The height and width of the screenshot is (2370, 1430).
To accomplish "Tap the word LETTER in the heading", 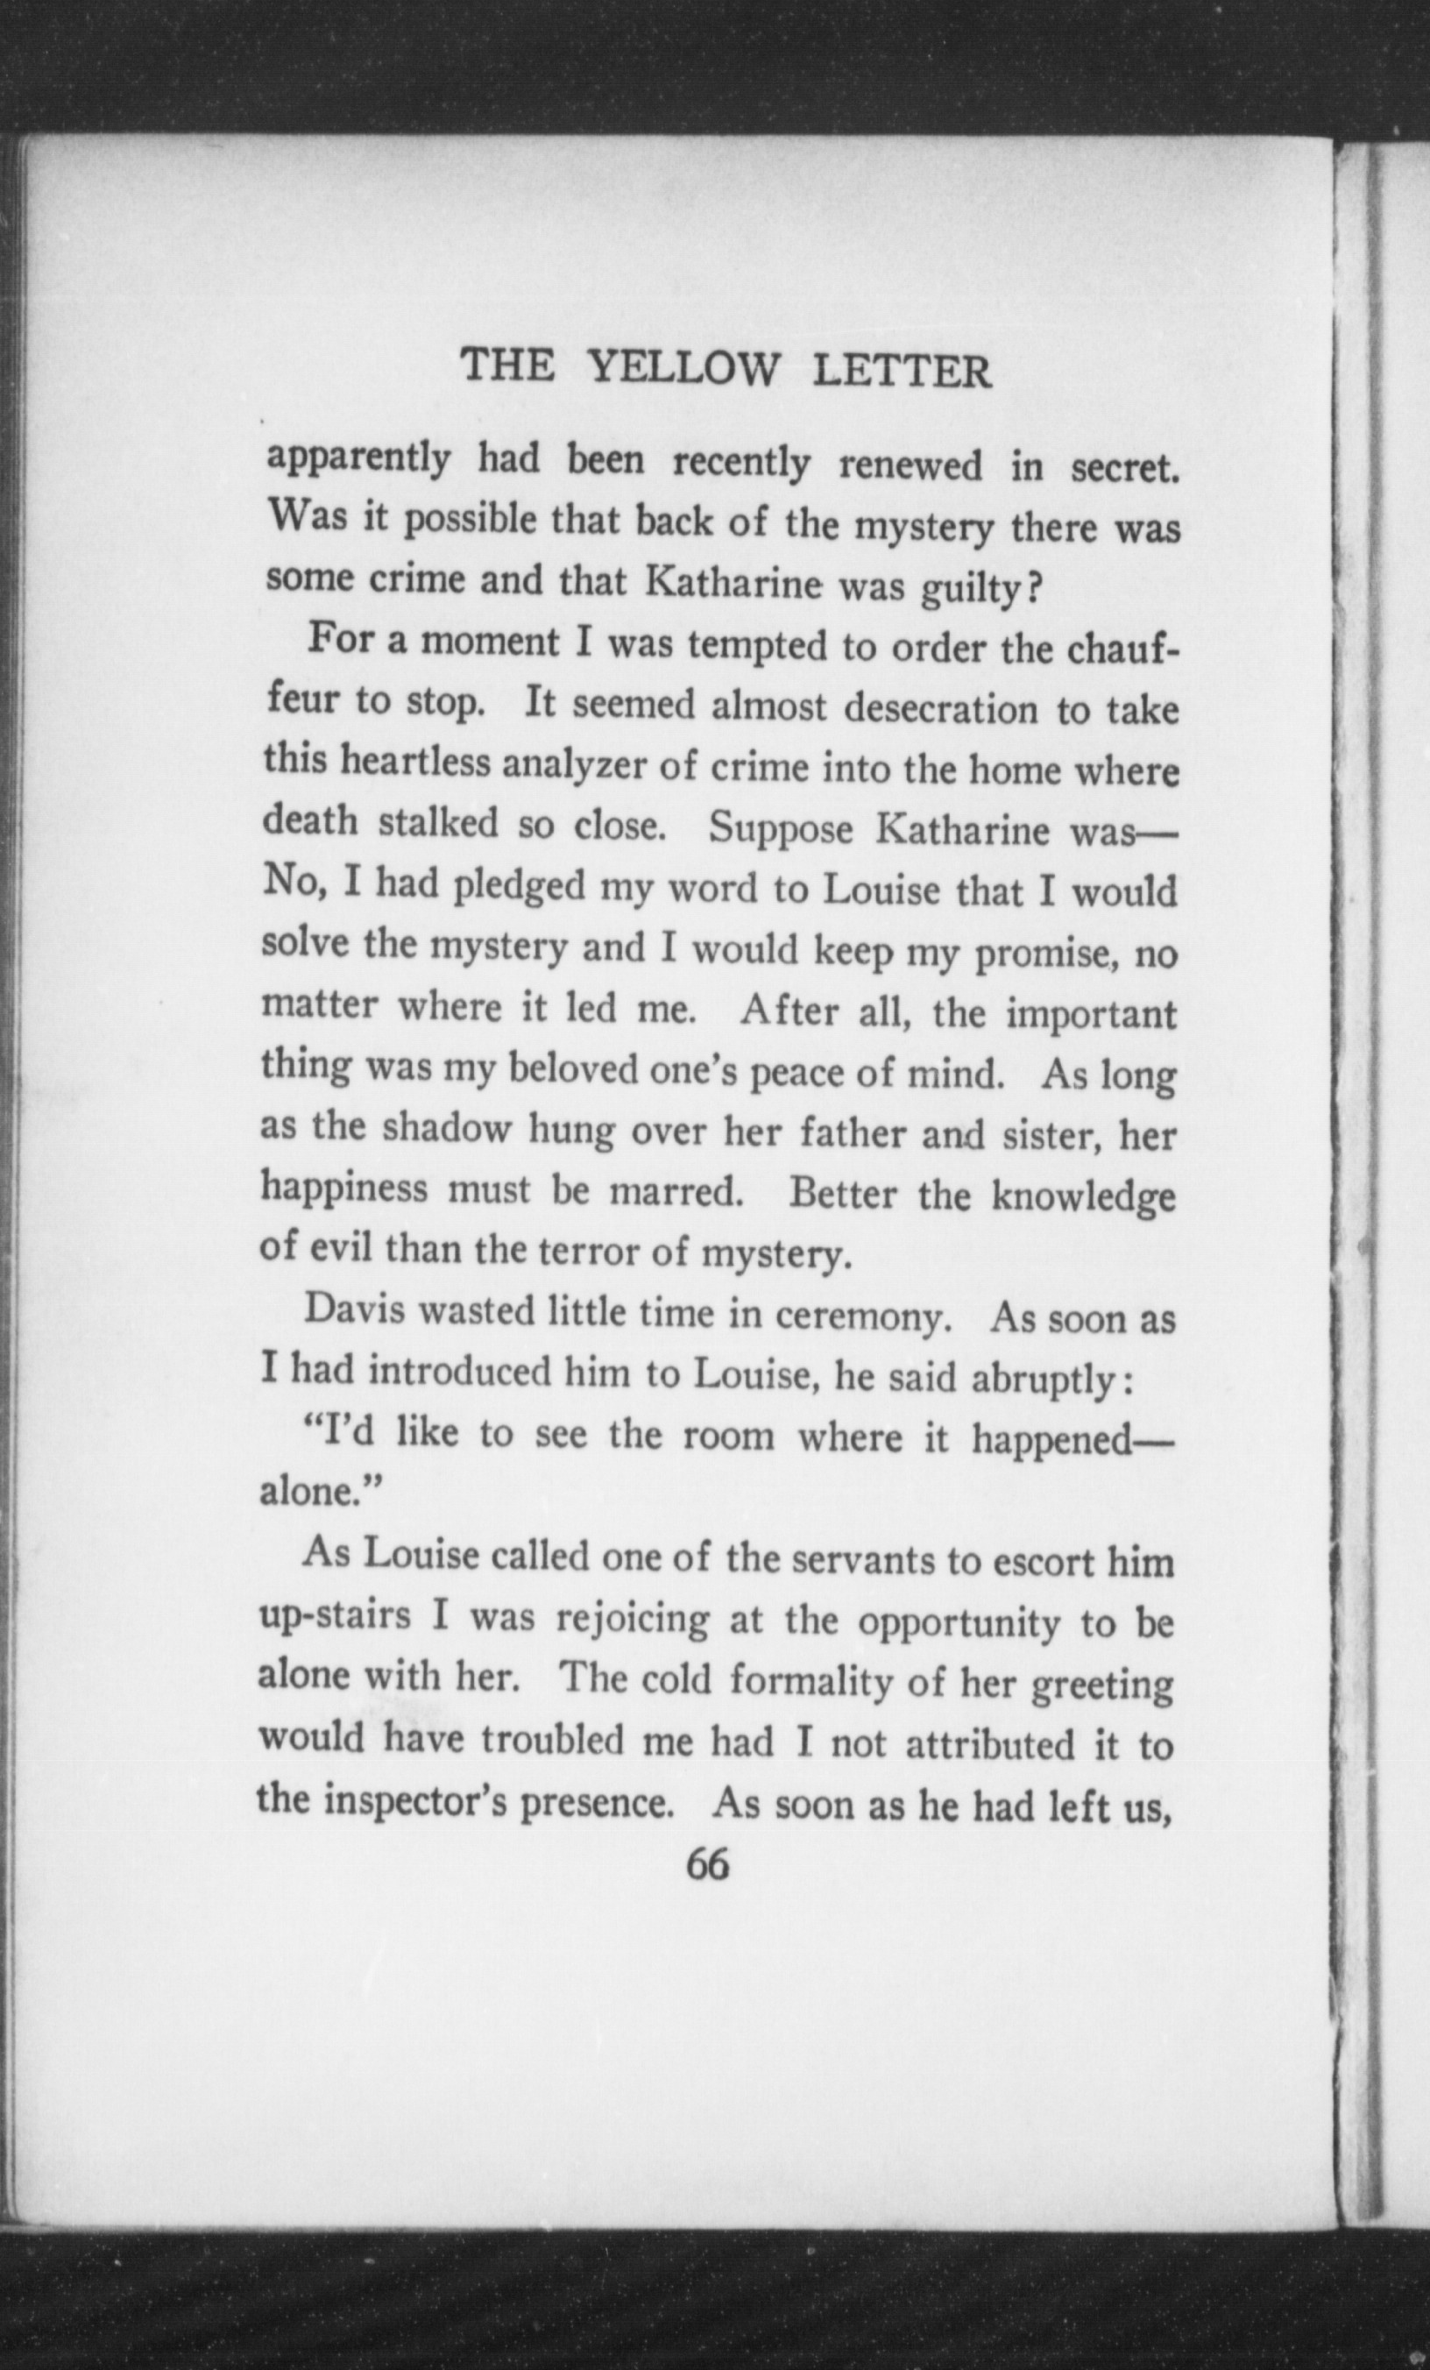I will pos(901,372).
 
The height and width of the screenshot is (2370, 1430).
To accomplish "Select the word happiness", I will pos(344,1189).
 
